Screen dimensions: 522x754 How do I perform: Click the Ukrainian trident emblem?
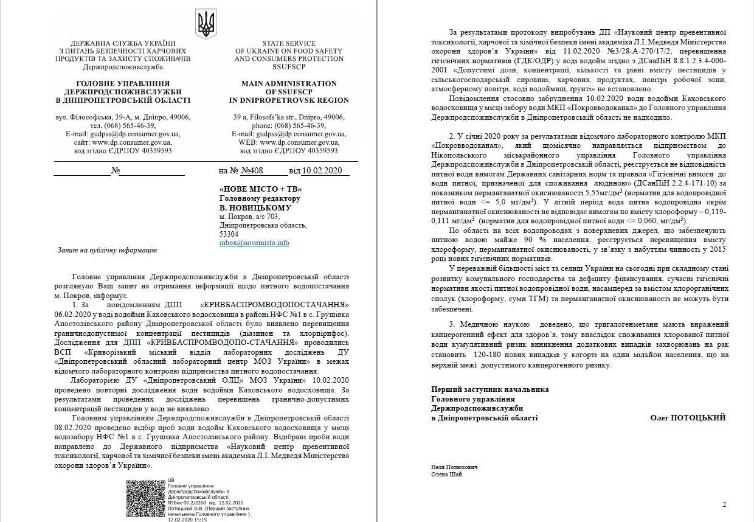point(207,23)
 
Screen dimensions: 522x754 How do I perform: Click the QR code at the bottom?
point(146,499)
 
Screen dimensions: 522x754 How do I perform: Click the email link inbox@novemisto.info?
point(254,243)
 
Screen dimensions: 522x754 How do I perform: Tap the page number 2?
point(724,504)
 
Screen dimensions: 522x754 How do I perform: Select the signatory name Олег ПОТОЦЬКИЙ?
point(688,418)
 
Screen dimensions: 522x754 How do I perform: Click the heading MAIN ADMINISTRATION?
point(288,83)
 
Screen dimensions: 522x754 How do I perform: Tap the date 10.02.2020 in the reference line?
point(325,172)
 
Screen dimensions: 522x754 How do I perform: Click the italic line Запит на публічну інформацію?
point(106,250)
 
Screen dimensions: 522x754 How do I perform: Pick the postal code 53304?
point(229,234)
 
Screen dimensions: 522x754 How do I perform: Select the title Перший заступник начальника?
point(489,389)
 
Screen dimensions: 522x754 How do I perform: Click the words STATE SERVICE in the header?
point(288,43)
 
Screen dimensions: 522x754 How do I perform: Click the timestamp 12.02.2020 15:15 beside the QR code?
point(187,520)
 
